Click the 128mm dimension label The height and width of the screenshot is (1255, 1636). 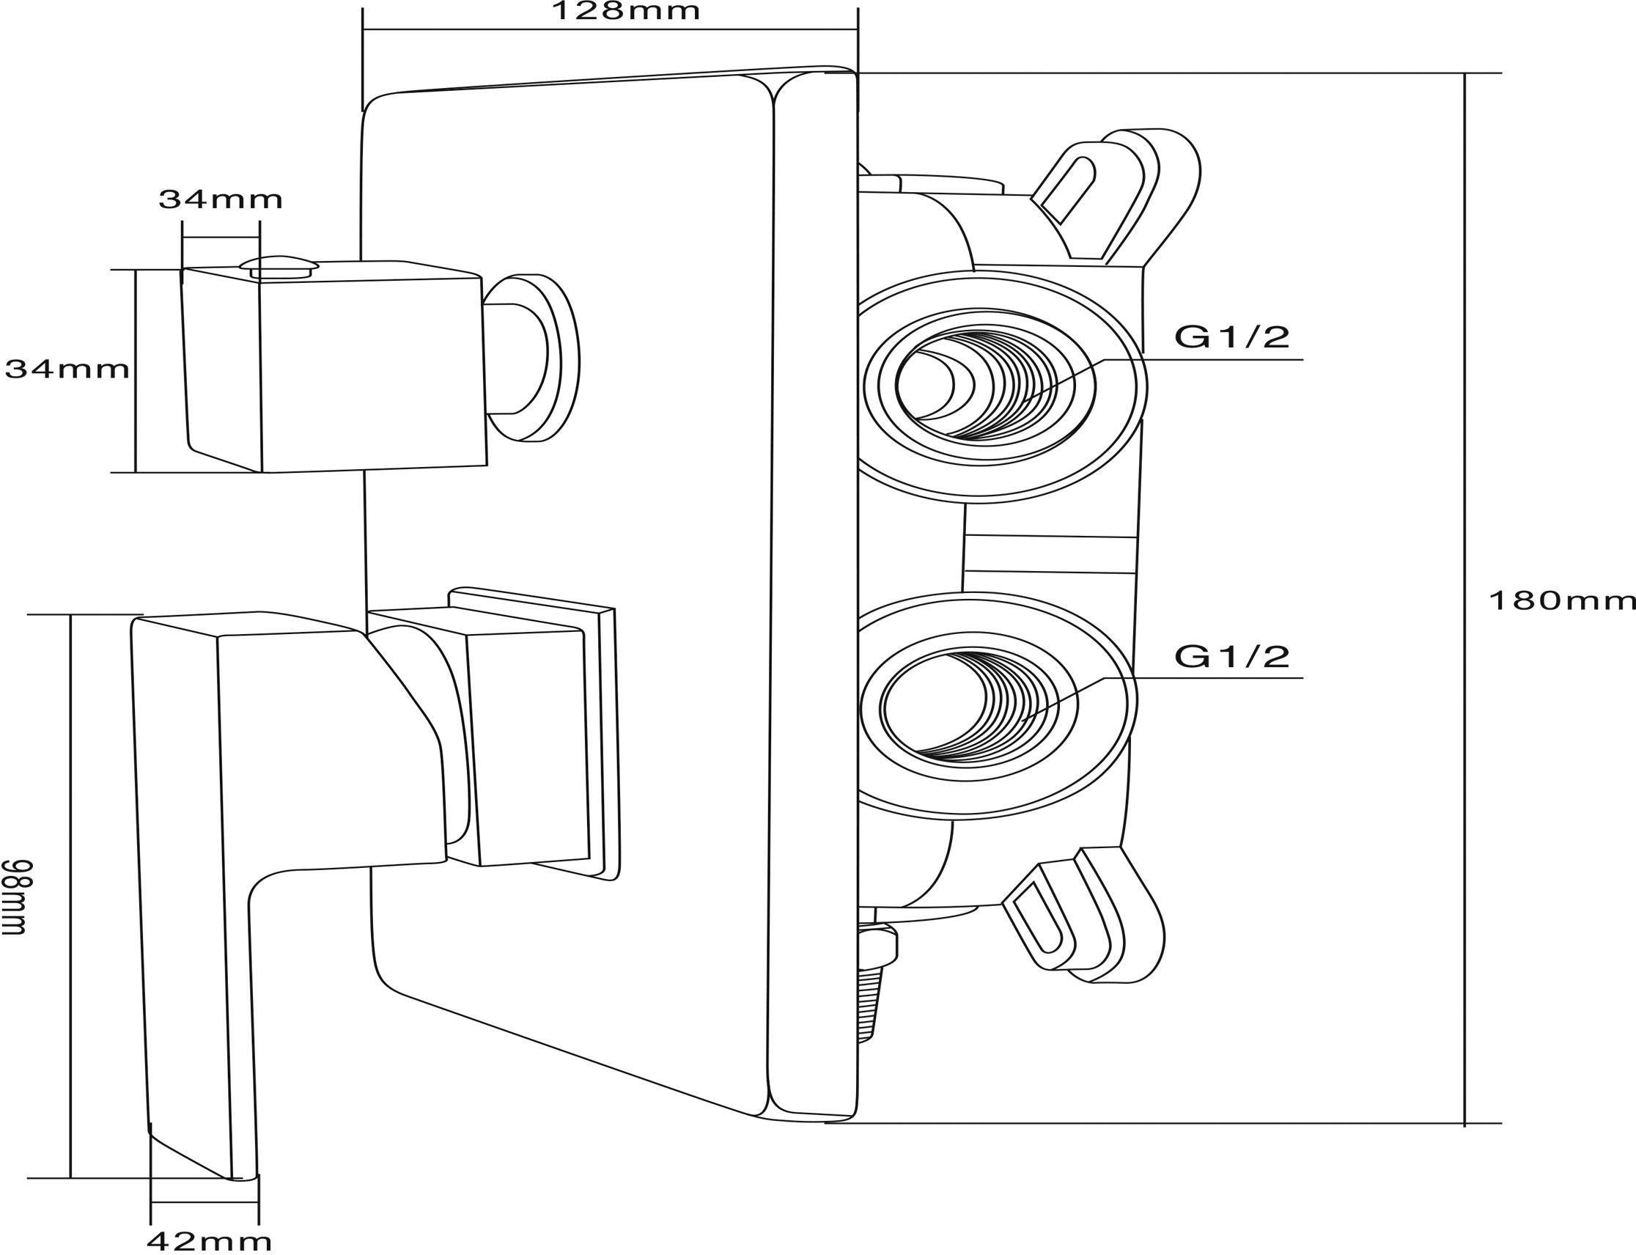626,11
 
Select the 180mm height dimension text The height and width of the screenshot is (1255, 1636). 1562,600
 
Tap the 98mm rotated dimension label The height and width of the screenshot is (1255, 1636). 15,897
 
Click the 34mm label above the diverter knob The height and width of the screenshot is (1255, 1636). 221,199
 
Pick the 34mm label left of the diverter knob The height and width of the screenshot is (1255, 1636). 67,369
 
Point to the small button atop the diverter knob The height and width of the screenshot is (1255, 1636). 279,267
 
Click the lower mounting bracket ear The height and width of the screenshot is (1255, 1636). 1083,916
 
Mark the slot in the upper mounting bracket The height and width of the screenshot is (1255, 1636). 1068,190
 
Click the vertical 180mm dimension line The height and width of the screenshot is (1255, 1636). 1464,597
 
